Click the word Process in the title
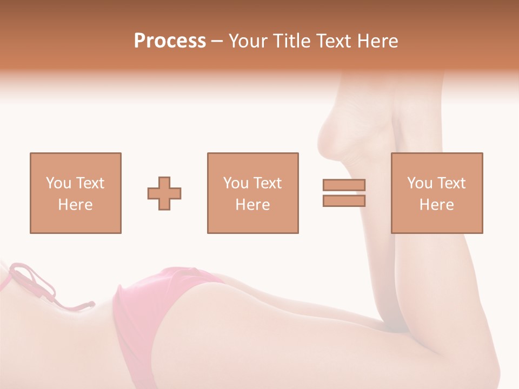tap(170, 41)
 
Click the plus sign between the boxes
tap(164, 193)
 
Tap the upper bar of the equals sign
tap(344, 185)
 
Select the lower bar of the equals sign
tap(344, 200)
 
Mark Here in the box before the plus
tap(75, 205)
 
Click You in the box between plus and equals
tap(236, 183)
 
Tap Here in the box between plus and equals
tap(252, 205)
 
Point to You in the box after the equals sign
tap(420, 183)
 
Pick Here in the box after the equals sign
tap(436, 205)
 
